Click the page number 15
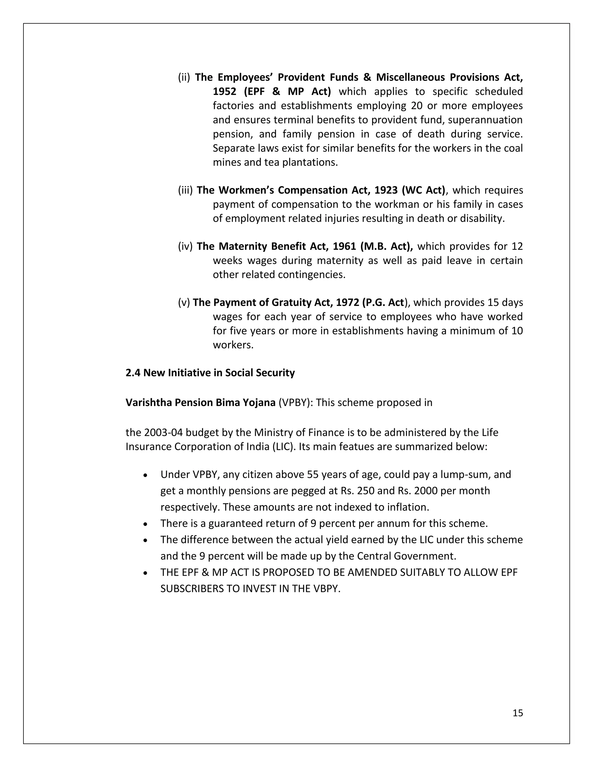(x=517, y=713)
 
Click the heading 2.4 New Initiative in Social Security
(x=210, y=373)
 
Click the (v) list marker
(x=184, y=302)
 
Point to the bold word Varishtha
(x=149, y=403)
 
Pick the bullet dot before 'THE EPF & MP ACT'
(x=145, y=573)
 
